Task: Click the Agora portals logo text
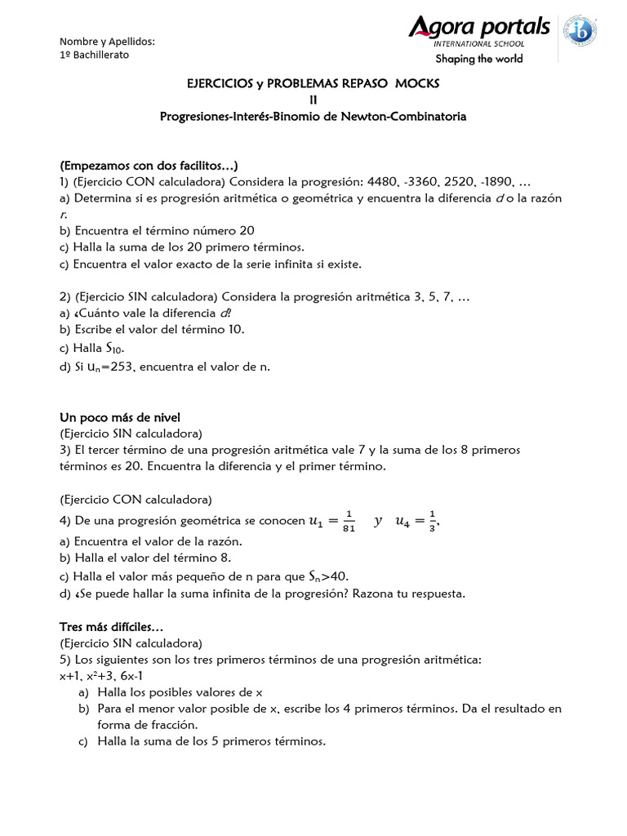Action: pyautogui.click(x=479, y=29)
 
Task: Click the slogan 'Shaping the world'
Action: pyautogui.click(x=479, y=59)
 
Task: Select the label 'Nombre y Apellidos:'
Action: pyautogui.click(x=108, y=42)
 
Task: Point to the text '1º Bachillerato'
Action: pyautogui.click(x=95, y=55)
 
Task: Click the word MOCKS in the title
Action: pyautogui.click(x=418, y=84)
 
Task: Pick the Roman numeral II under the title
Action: pyautogui.click(x=313, y=100)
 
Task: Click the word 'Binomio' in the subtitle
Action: pyautogui.click(x=288, y=117)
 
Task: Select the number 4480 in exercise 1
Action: pyautogui.click(x=384, y=182)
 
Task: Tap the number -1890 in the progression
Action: pyautogui.click(x=493, y=182)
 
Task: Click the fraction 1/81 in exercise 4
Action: pyautogui.click(x=349, y=520)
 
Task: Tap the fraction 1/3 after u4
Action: pyautogui.click(x=432, y=520)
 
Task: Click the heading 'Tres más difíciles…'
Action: pyautogui.click(x=111, y=627)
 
